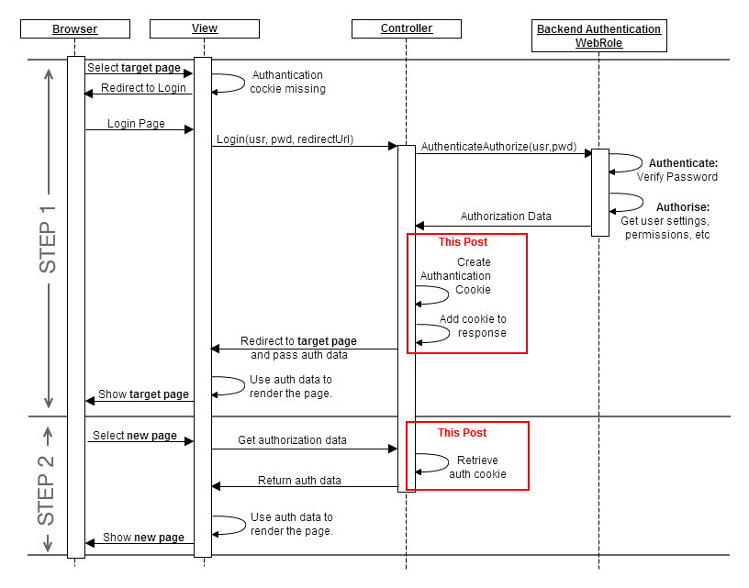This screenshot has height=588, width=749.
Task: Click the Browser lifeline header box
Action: [x=74, y=29]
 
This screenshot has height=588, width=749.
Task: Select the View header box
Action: [x=205, y=29]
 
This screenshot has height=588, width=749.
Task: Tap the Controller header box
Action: [x=407, y=29]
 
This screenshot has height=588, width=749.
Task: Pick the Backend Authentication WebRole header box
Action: [x=598, y=36]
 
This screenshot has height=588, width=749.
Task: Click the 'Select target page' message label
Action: [x=134, y=68]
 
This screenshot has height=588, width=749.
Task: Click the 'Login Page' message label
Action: [x=136, y=123]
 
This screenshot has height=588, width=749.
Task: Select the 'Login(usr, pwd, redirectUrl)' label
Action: [x=285, y=139]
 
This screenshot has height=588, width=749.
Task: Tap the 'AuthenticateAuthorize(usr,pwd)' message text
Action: [x=499, y=147]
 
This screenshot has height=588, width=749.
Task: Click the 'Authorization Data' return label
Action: [x=506, y=217]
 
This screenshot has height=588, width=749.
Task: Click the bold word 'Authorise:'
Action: [x=682, y=207]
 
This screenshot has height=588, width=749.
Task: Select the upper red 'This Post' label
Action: [x=463, y=242]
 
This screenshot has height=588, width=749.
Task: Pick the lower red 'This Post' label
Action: [x=462, y=432]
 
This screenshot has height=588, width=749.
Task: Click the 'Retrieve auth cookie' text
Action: [x=477, y=467]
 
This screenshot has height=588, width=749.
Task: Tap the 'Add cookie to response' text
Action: [x=473, y=327]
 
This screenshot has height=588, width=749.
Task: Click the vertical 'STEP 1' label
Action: [x=48, y=239]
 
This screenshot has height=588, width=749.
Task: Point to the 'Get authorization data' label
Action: [x=292, y=440]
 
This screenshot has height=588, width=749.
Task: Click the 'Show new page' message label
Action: [x=143, y=538]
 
